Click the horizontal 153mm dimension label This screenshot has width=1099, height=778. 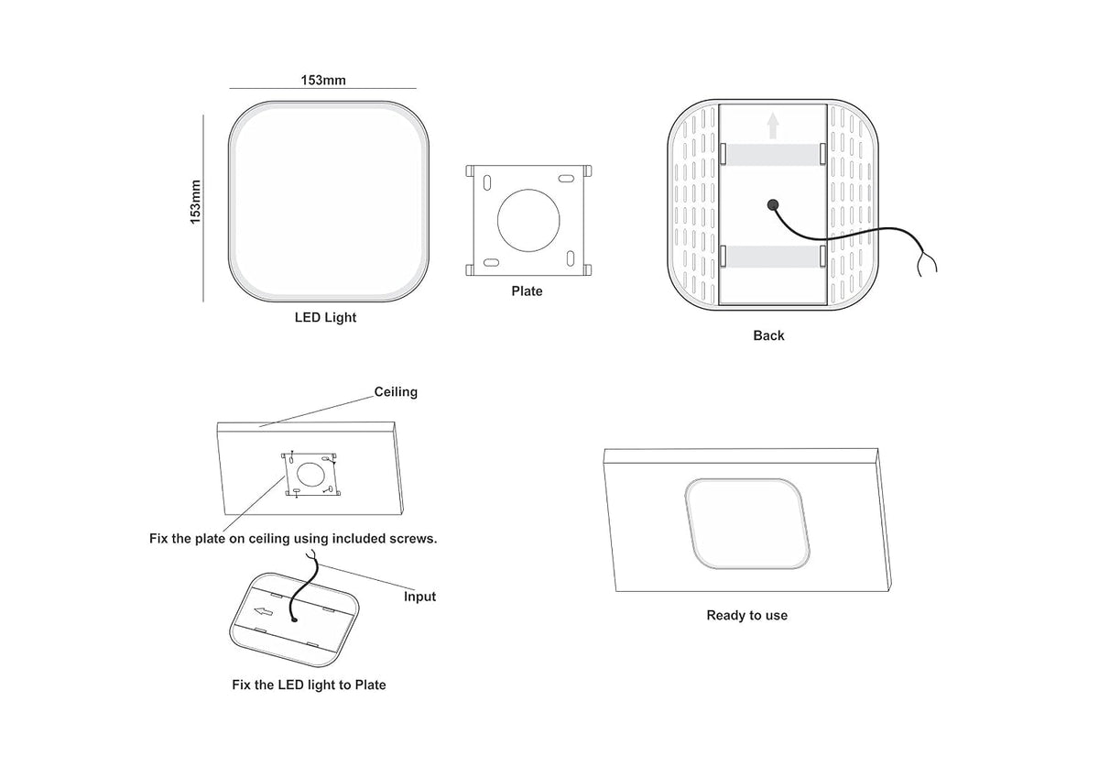322,80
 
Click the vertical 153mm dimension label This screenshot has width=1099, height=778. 195,202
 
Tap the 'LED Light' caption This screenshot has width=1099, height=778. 325,317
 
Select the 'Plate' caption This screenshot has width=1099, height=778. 527,291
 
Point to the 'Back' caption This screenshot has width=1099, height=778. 768,335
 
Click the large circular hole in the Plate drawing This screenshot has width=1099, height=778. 528,221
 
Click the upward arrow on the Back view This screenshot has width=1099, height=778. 773,126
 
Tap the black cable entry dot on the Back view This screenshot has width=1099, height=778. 773,204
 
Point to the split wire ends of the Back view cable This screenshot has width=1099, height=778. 927,263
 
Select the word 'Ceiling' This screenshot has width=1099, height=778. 396,391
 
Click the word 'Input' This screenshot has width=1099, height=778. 419,597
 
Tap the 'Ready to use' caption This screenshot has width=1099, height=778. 746,615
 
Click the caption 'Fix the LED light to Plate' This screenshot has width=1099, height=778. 309,685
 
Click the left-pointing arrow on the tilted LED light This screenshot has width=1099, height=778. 264,611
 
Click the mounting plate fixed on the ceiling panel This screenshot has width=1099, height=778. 311,474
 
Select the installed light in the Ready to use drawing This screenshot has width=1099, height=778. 747,524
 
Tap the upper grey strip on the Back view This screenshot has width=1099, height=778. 773,155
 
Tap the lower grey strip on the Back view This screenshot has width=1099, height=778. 773,257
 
